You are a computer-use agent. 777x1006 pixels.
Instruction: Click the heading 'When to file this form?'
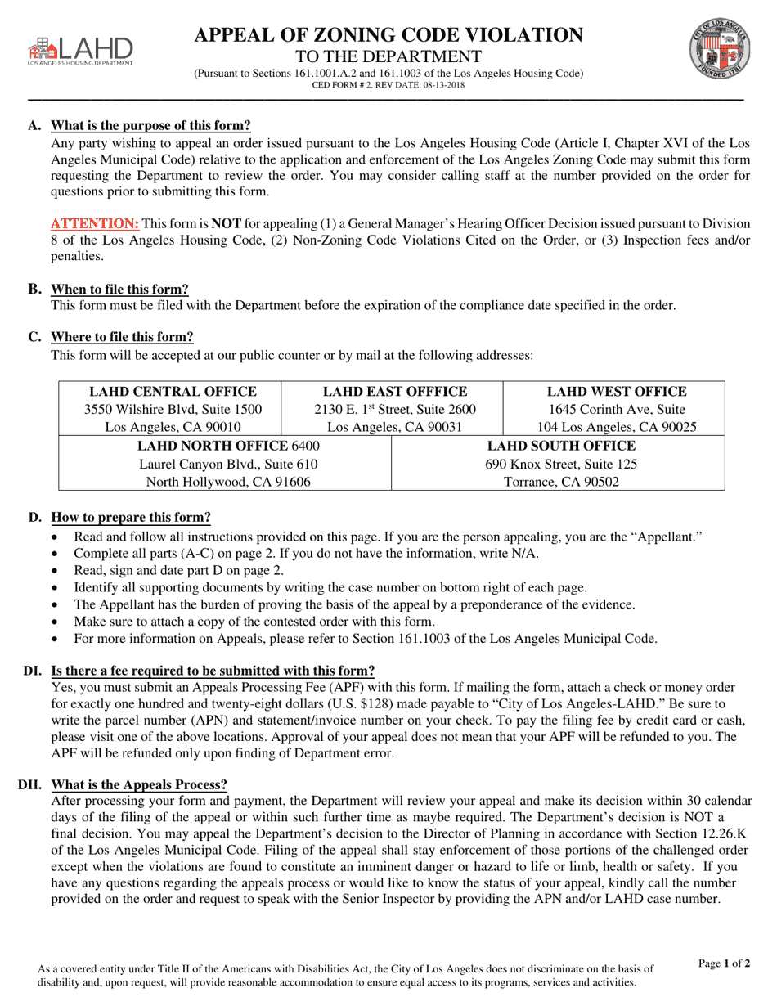point(119,289)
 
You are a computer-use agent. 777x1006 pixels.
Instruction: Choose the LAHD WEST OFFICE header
point(617,392)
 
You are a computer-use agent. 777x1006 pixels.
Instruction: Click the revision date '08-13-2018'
point(440,85)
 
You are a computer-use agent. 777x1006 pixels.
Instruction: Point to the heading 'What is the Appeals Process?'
point(139,784)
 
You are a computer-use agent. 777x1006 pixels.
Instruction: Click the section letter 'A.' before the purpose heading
point(34,125)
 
